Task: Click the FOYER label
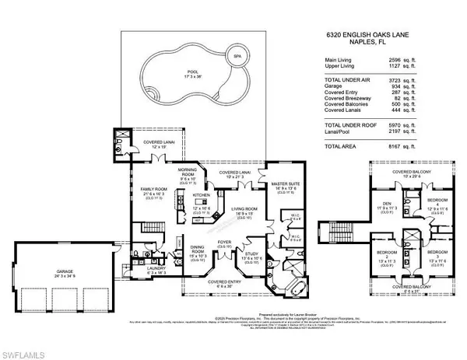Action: coord(224,241)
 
